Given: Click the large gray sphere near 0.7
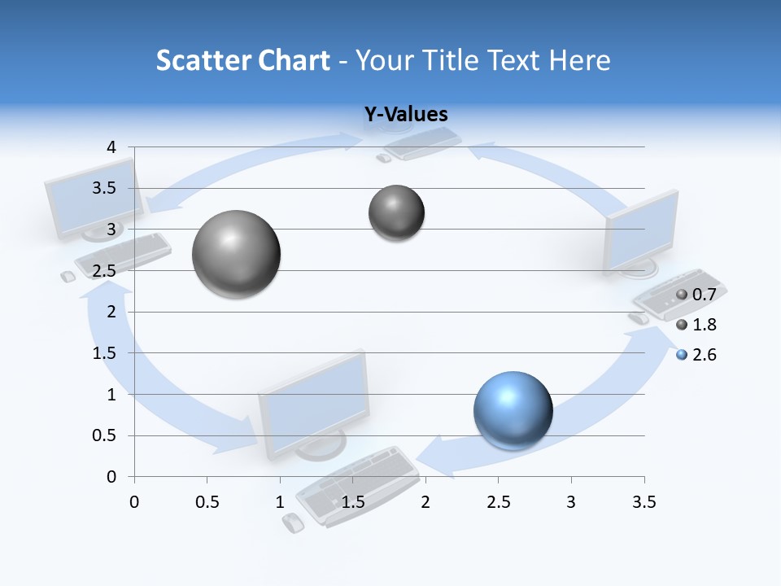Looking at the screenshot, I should [x=237, y=254].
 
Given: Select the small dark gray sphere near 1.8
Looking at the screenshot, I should [x=396, y=213].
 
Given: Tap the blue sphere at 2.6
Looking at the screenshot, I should [x=513, y=410].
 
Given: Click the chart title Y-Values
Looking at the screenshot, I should [x=406, y=115].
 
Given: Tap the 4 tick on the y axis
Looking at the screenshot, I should [x=111, y=147].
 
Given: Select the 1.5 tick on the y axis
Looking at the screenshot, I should [x=106, y=353].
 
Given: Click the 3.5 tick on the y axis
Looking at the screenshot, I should [x=106, y=189].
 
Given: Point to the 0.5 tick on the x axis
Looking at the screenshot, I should [x=207, y=501].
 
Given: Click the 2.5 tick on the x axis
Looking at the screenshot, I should [x=498, y=501].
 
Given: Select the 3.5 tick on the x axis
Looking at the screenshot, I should [x=644, y=501].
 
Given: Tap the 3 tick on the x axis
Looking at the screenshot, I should [x=571, y=501].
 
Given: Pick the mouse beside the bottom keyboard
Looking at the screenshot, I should [x=293, y=523].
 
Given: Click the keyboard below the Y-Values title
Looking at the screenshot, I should [x=421, y=143].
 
